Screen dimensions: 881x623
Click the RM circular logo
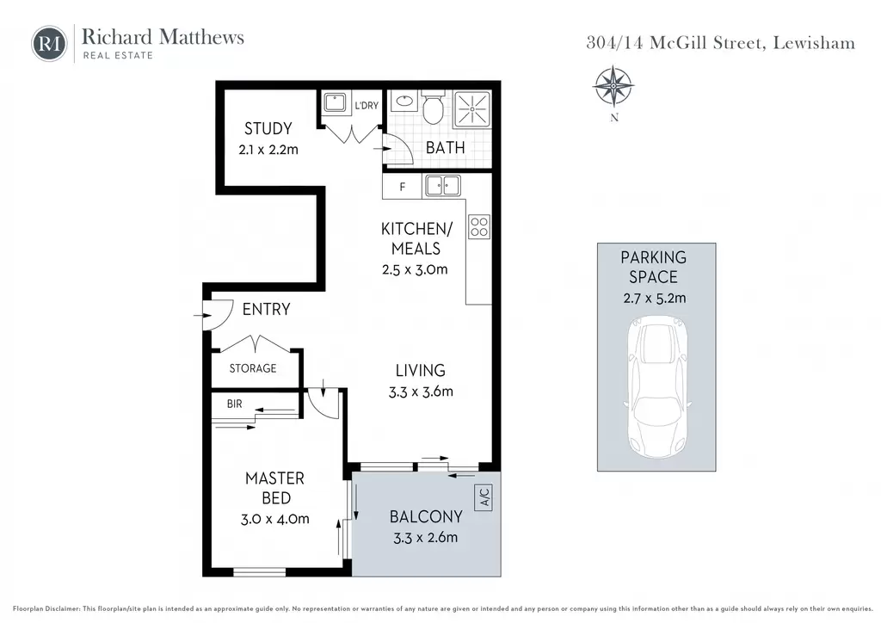click(49, 44)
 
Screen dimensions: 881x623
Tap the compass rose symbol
click(613, 87)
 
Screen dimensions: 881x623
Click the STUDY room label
click(268, 129)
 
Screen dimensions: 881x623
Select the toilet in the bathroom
click(433, 108)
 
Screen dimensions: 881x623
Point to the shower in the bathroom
click(472, 108)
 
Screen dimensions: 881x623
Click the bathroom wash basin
click(404, 102)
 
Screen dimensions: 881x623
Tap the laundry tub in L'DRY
click(336, 102)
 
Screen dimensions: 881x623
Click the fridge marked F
click(403, 187)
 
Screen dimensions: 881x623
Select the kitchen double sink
click(443, 185)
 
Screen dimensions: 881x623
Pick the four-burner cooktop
click(479, 226)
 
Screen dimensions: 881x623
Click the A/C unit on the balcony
click(484, 497)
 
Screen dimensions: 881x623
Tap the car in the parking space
click(656, 387)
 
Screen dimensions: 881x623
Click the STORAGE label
click(253, 368)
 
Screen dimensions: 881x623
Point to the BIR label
click(234, 404)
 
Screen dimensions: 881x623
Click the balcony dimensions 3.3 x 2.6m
click(425, 538)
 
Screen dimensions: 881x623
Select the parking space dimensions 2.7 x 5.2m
click(655, 299)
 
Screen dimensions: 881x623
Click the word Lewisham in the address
click(814, 43)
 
